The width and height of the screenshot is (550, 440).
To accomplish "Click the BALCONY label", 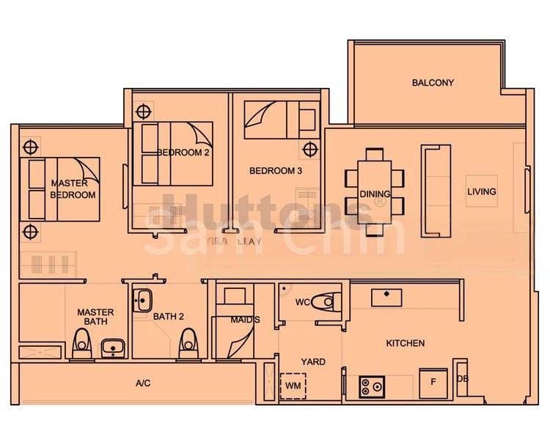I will (x=433, y=83).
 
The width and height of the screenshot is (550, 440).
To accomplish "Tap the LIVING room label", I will (x=482, y=192).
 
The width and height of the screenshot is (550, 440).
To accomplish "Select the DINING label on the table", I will (x=375, y=194).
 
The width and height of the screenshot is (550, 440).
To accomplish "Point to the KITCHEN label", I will (x=406, y=343).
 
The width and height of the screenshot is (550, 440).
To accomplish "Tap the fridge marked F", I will (x=433, y=382).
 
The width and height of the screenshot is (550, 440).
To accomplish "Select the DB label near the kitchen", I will (x=462, y=378).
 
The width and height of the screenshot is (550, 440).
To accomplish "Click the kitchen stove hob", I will (x=372, y=386).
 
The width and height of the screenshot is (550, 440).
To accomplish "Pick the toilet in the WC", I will (x=323, y=301).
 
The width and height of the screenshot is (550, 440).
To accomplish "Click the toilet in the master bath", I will (x=82, y=342).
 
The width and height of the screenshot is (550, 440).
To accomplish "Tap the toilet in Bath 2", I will (x=189, y=343).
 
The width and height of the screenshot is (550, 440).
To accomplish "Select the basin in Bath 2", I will (x=143, y=299).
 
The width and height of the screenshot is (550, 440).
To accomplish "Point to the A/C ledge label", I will (x=143, y=384).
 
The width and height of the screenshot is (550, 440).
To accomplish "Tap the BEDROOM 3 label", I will (x=276, y=171).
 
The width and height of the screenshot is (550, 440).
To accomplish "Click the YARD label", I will (x=313, y=362).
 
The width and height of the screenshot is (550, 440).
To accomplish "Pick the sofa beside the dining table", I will (x=435, y=190).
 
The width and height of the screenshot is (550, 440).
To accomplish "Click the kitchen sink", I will (x=386, y=297).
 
